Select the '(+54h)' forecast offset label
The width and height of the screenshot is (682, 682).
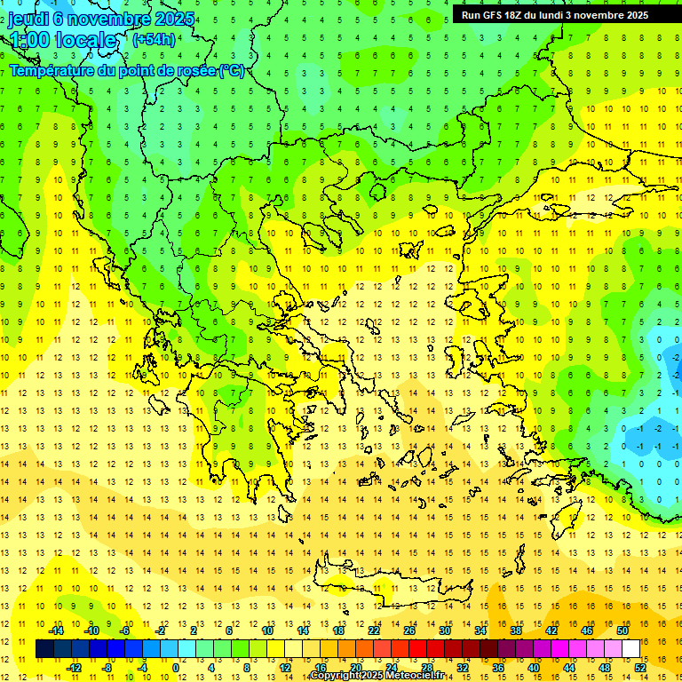pyautogui.click(x=154, y=39)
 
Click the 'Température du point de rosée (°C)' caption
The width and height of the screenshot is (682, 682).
pyautogui.click(x=127, y=70)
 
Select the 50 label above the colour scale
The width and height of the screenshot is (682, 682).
pyautogui.click(x=623, y=630)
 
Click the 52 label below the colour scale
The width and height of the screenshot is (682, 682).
pyautogui.click(x=640, y=667)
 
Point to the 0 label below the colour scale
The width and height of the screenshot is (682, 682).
pyautogui.click(x=176, y=667)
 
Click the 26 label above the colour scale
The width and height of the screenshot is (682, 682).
pyautogui.click(x=409, y=630)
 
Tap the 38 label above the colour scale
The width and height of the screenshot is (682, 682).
pyautogui.click(x=516, y=630)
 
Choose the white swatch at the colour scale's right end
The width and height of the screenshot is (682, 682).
pyautogui.click(x=631, y=649)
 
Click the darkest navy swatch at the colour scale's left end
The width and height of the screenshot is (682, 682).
pyautogui.click(x=45, y=649)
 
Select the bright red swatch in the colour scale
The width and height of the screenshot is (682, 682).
pyautogui.click(x=418, y=649)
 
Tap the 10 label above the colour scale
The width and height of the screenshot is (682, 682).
pyautogui.click(x=267, y=630)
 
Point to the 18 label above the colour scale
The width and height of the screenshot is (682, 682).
pyautogui.click(x=338, y=630)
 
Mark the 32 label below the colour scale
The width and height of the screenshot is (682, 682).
pyautogui.click(x=463, y=667)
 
